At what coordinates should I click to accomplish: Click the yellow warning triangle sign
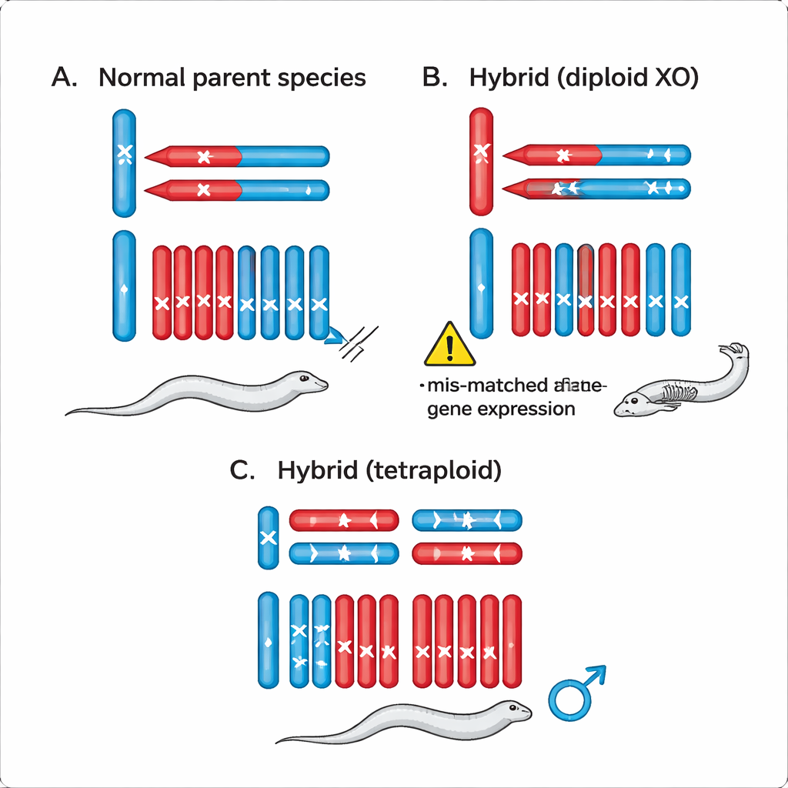(x=449, y=346)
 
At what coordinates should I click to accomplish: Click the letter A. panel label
(x=63, y=78)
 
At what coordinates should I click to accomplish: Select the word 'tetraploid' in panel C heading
(x=432, y=470)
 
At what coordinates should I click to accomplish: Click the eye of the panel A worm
(x=305, y=376)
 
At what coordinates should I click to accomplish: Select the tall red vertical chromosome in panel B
(x=481, y=161)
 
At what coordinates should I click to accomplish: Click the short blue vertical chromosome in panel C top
(x=269, y=537)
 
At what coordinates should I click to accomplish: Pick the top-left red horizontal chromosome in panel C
(x=343, y=521)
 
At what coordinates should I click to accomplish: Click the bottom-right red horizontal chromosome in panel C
(x=468, y=553)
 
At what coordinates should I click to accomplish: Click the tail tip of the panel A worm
(x=69, y=413)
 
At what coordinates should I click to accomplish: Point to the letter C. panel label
(x=242, y=470)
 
